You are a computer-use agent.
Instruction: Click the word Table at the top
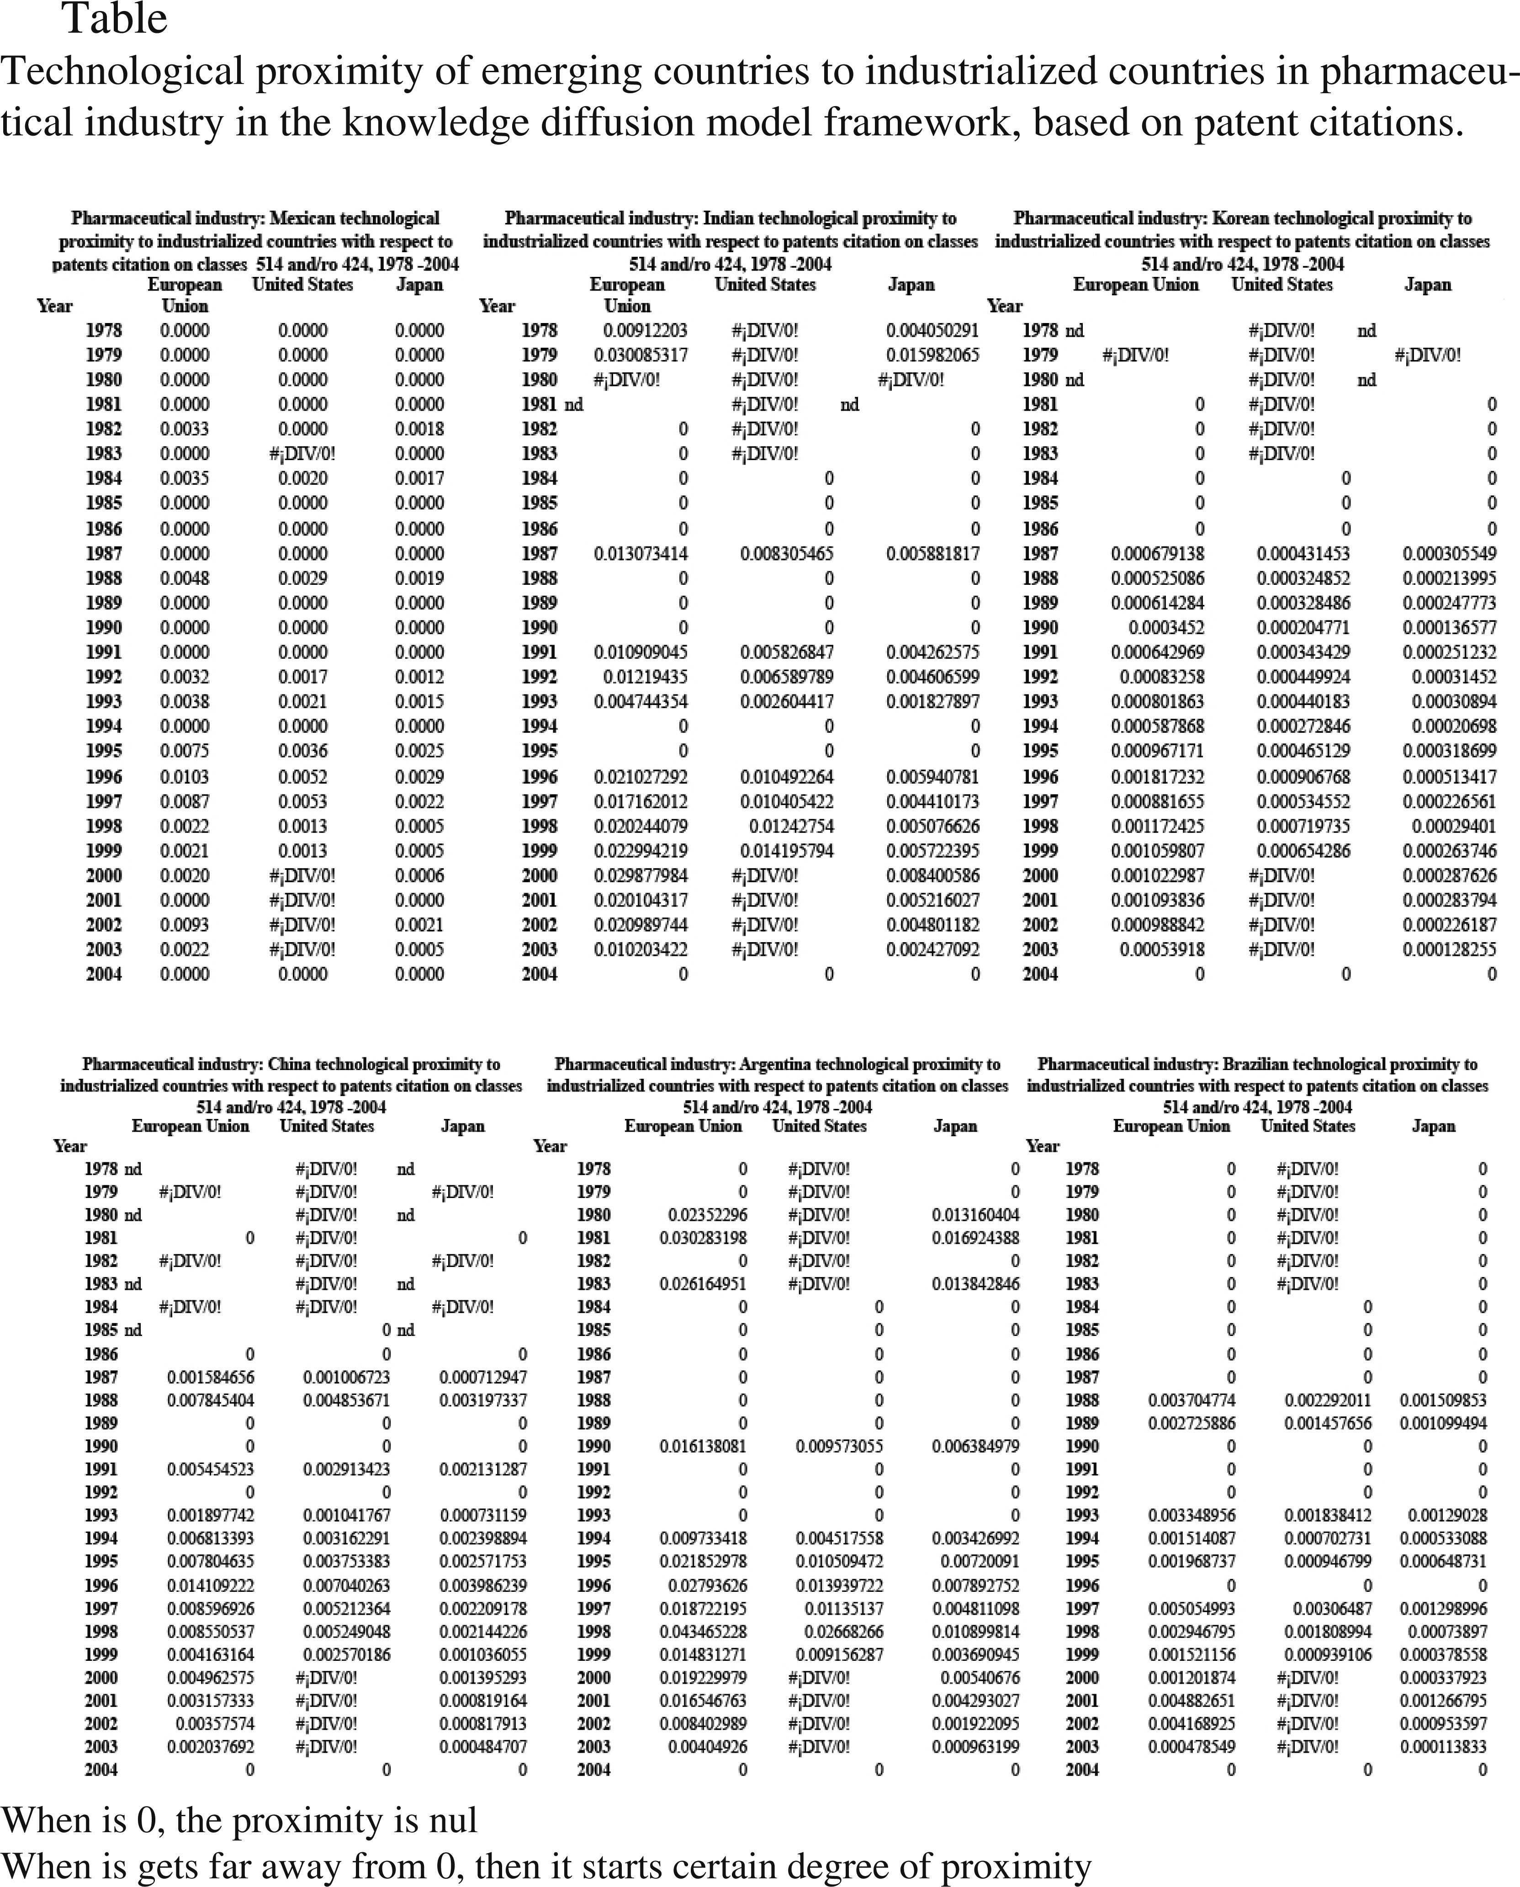tap(114, 19)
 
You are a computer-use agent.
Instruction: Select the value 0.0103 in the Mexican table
tap(185, 777)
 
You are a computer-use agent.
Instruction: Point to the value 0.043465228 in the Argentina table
tap(703, 1631)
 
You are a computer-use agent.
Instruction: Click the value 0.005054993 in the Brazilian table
tap(1192, 1609)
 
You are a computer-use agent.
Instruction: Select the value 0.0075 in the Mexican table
tap(185, 750)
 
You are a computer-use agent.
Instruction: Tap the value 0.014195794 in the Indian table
tap(786, 850)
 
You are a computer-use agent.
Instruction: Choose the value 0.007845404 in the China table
tap(210, 1400)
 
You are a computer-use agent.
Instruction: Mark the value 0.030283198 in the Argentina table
tap(703, 1238)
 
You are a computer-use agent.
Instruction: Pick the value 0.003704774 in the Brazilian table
tap(1192, 1400)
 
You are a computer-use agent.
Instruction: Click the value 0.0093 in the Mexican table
tap(185, 925)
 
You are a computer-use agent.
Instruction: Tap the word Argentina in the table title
tap(781, 1065)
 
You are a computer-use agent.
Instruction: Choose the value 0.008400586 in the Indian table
tap(932, 875)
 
